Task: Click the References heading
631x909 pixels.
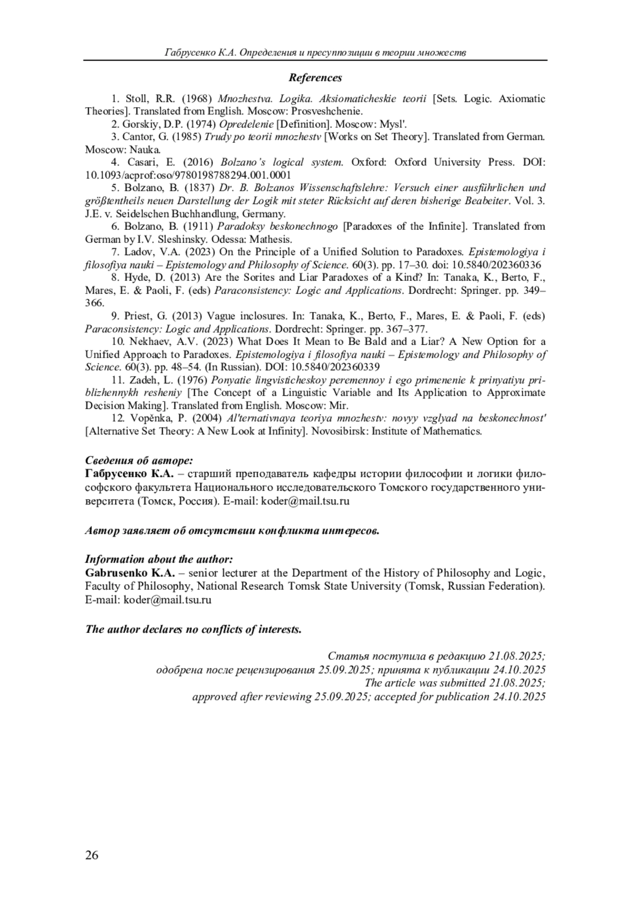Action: coord(315,78)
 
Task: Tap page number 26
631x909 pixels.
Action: coord(91,855)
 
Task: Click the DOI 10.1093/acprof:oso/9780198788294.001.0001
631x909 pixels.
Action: coord(188,175)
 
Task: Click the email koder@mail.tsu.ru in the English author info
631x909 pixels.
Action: coord(167,599)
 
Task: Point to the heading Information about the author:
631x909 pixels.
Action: coord(159,559)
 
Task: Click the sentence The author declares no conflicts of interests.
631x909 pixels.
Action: coord(194,629)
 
